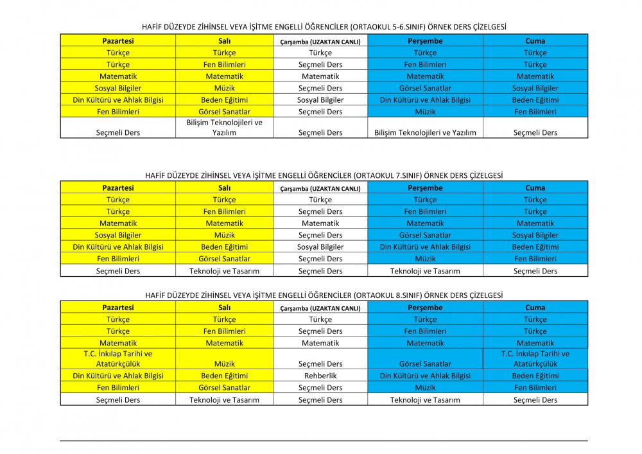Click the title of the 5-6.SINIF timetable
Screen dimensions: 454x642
[x=324, y=28]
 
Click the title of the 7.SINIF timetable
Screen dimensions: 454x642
[x=324, y=175]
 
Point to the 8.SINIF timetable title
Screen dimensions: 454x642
[x=324, y=295]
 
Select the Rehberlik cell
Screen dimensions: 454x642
[x=320, y=376]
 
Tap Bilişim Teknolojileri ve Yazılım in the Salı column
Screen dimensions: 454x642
[x=224, y=127]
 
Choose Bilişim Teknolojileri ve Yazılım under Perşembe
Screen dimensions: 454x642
[x=425, y=133]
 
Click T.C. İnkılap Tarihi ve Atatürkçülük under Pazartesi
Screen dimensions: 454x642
[x=118, y=358]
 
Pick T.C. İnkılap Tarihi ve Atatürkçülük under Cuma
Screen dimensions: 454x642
[x=535, y=358]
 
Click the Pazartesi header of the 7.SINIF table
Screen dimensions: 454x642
[x=118, y=188]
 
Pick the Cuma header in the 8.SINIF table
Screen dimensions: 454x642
[x=535, y=308]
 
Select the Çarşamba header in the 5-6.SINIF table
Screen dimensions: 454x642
[x=320, y=41]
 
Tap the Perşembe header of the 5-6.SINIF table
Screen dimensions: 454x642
[x=425, y=41]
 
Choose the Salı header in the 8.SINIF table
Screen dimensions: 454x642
[x=224, y=308]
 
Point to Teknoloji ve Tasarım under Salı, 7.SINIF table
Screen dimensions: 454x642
[x=224, y=271]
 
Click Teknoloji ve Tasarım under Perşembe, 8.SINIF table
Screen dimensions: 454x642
[x=425, y=400]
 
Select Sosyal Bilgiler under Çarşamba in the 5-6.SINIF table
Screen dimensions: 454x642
[x=320, y=100]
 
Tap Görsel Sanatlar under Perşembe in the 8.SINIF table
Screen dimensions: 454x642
[x=425, y=364]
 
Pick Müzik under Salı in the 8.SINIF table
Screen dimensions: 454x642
[x=224, y=364]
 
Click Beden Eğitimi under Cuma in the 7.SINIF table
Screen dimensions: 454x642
[x=535, y=247]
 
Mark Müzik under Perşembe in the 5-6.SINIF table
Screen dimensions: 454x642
[x=425, y=112]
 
